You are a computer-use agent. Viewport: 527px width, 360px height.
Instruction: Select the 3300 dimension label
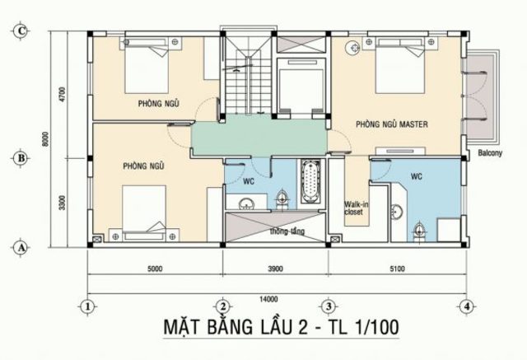click(61, 199)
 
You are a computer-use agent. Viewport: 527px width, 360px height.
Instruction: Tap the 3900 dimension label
click(273, 269)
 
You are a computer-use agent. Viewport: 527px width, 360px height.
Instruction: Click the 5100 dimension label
click(397, 269)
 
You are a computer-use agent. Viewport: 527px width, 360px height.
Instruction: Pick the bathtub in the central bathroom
click(312, 183)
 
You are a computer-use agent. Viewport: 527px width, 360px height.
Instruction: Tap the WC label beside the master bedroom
click(416, 175)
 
